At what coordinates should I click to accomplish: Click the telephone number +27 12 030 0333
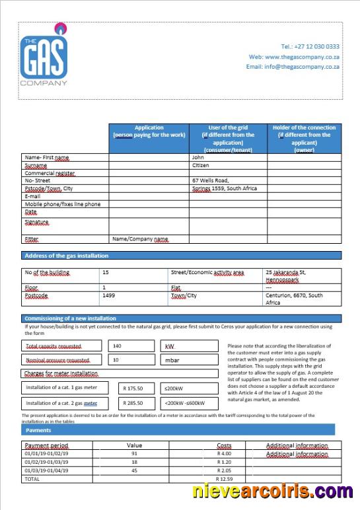tap(310, 46)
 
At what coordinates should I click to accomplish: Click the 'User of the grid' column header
tap(228, 139)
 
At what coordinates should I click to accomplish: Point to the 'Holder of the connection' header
tap(304, 139)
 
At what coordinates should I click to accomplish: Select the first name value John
tap(198, 157)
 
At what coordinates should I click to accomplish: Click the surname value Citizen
tap(200, 165)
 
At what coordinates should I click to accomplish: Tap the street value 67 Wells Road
tap(210, 180)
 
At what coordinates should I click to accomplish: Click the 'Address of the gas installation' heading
tap(66, 256)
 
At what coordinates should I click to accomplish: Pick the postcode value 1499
tap(109, 295)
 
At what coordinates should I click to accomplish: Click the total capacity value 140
tap(118, 346)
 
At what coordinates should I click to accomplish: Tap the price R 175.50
tap(138, 388)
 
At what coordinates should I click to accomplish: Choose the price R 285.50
tap(138, 402)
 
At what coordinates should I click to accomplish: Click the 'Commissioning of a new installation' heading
tap(70, 318)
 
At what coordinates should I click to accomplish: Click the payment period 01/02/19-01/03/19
tap(46, 462)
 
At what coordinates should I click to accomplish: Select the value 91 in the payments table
tap(134, 454)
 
